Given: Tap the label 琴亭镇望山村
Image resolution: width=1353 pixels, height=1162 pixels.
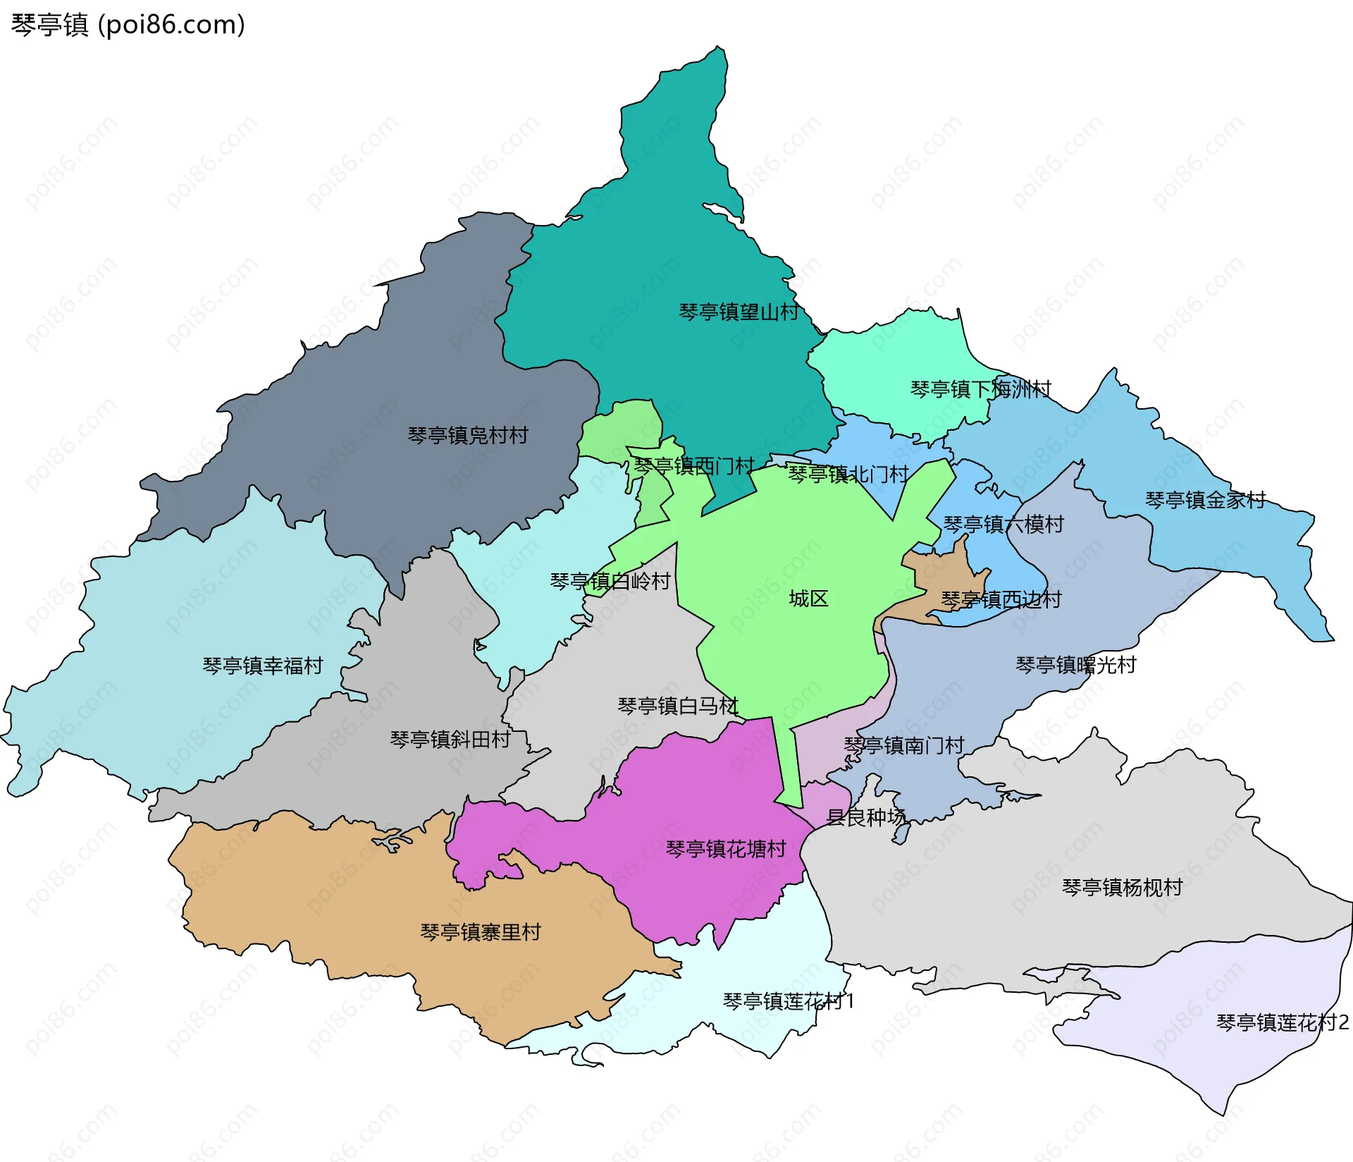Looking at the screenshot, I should point(739,312).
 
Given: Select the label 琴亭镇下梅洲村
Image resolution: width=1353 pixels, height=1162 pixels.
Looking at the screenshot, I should point(980,389).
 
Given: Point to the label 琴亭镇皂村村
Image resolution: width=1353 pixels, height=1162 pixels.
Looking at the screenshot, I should point(468,435).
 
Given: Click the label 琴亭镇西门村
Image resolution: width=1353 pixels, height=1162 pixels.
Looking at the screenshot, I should point(694,465).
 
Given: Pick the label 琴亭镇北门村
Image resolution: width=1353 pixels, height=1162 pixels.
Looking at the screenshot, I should point(848,474).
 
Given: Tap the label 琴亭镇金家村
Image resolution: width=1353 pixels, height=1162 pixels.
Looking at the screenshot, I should point(1205,500).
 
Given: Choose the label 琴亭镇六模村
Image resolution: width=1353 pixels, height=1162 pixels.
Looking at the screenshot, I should point(1003,524).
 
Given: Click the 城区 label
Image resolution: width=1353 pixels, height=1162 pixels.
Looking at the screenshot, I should point(808,599).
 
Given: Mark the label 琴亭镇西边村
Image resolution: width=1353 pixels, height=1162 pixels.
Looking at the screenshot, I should point(1001,599).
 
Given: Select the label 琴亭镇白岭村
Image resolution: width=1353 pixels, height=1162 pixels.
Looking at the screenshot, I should point(610,581).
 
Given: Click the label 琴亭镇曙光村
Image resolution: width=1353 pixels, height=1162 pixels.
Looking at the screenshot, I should point(1075,664).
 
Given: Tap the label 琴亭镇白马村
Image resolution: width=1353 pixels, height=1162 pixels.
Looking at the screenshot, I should point(677,705).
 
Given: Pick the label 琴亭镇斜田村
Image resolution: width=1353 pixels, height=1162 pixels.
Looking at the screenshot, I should point(450,739).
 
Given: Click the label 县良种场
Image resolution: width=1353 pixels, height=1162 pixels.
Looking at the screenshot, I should point(865,817).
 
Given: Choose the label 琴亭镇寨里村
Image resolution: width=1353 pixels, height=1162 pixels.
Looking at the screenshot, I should point(481,931).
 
